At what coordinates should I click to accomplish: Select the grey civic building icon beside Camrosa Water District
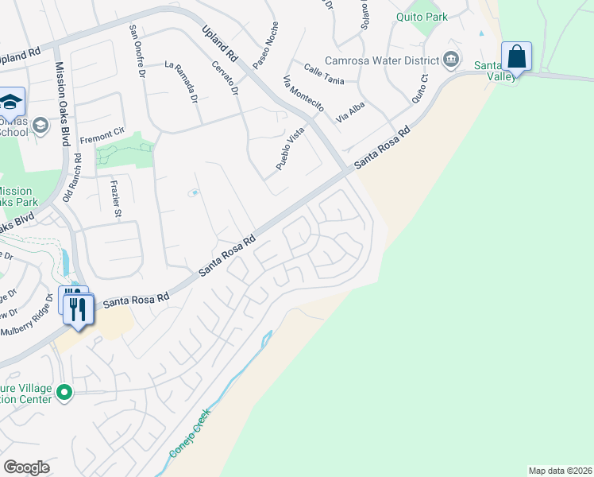tap(450, 59)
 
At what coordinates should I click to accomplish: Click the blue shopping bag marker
tap(516, 57)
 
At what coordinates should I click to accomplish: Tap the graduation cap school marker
tap(11, 102)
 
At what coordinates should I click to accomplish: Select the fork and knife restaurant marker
tap(77, 308)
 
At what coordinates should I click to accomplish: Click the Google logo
tap(26, 467)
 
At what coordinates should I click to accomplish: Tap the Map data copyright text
tap(560, 471)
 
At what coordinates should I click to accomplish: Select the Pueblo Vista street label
tap(290, 149)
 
